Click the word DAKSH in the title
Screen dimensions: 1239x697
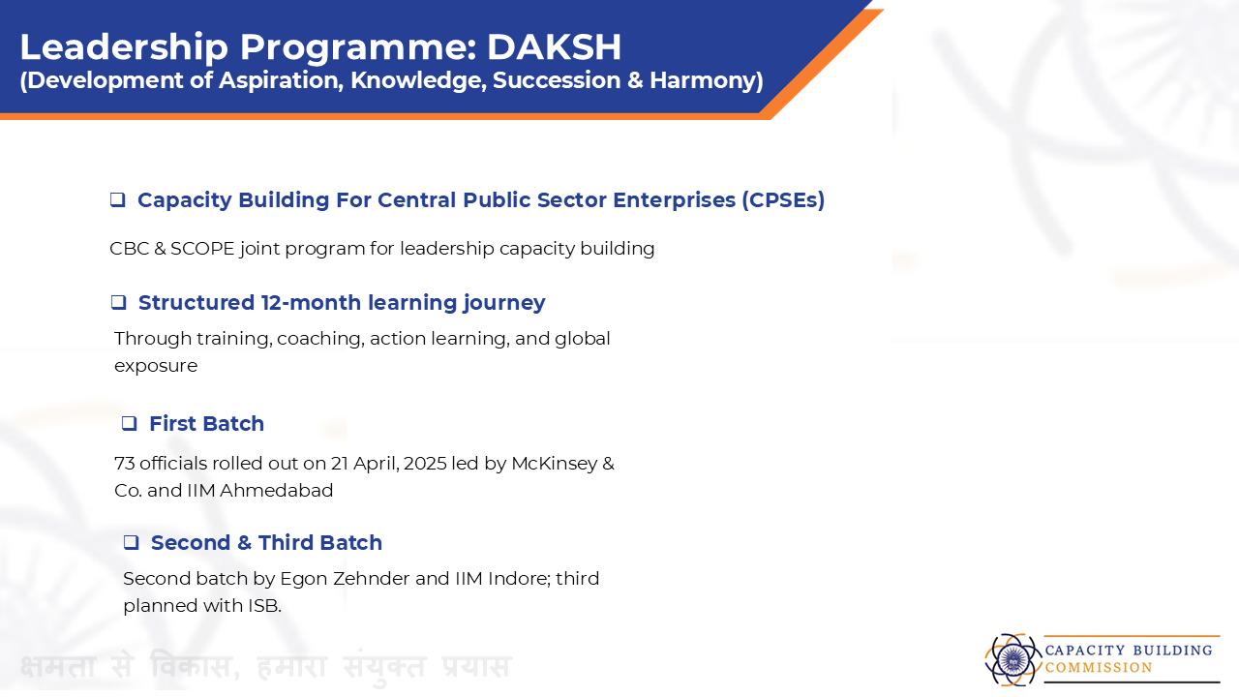click(554, 47)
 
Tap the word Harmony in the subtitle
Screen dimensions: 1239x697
click(707, 80)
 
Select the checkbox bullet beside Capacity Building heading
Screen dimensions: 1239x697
click(118, 199)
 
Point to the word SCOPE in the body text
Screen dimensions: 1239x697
click(202, 249)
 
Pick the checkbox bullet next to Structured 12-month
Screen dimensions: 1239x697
click(118, 303)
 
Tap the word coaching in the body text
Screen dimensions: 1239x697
click(320, 339)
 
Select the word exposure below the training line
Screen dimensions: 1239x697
click(156, 367)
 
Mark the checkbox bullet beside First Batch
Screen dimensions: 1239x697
click(130, 424)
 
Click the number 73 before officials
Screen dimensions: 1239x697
click(125, 464)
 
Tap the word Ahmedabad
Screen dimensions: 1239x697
click(277, 491)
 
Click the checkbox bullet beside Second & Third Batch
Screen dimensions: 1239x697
click(131, 543)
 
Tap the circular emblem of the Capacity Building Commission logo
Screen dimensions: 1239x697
click(1012, 660)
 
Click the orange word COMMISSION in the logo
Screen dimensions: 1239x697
click(1099, 668)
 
